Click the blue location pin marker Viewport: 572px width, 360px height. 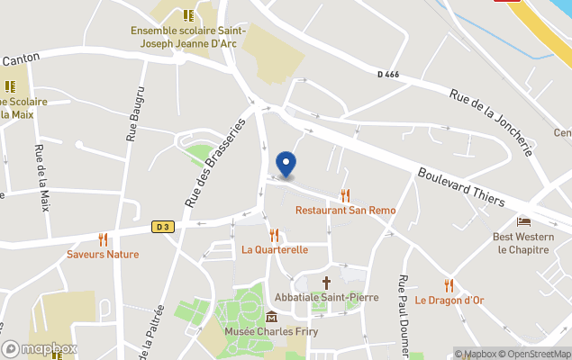coord(286,165)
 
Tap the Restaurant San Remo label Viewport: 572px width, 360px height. coord(345,210)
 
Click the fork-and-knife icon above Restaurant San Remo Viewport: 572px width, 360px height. coord(345,195)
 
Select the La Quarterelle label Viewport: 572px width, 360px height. coord(274,249)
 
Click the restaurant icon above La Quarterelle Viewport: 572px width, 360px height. coord(274,235)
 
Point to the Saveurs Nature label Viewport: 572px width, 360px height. coord(103,254)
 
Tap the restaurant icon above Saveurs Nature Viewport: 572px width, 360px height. coord(103,239)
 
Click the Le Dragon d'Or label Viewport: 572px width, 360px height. coord(449,300)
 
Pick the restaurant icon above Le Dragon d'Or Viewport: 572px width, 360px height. coord(449,285)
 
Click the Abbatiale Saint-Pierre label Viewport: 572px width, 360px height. coord(328,297)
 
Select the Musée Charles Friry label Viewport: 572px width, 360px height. coord(271,330)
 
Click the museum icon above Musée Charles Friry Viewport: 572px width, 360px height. coord(271,316)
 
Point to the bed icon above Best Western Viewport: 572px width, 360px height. coord(523,221)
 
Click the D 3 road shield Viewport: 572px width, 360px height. coord(162,227)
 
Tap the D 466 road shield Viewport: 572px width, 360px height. coord(389,73)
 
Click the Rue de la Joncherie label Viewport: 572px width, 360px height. coord(491,121)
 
